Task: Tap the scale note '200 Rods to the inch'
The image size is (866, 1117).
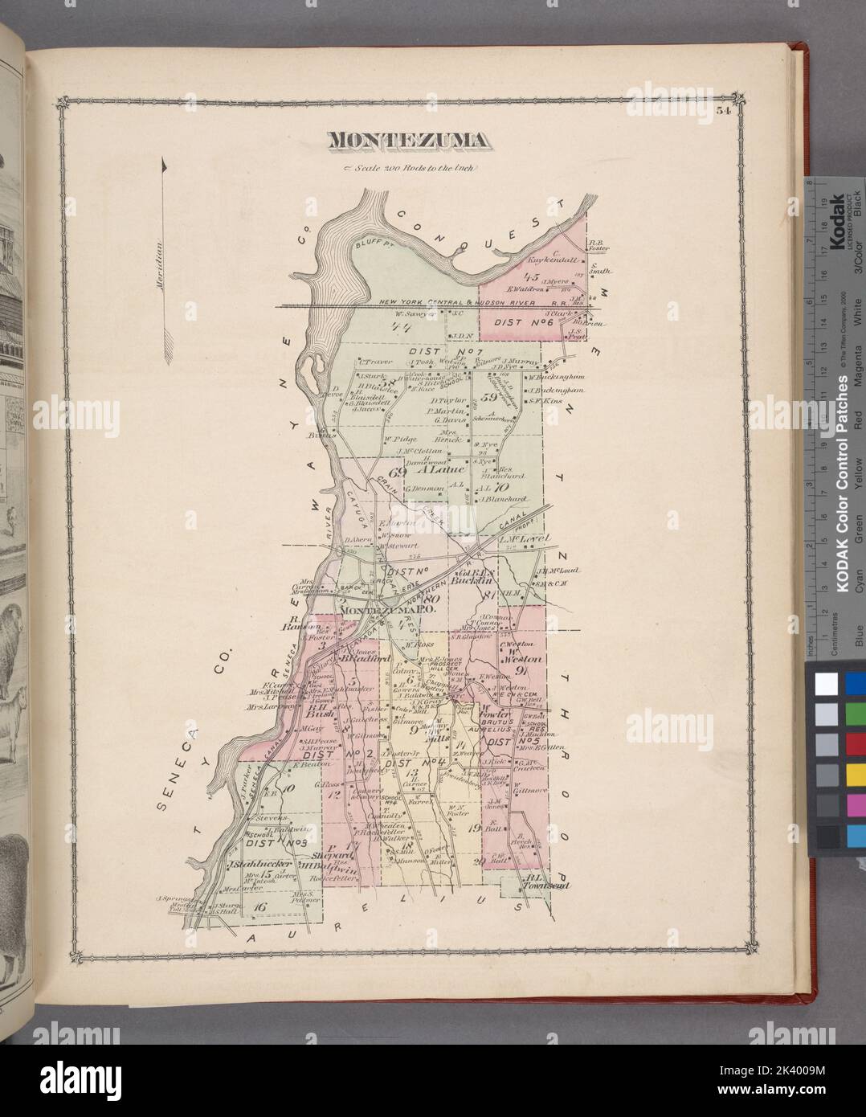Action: (x=411, y=168)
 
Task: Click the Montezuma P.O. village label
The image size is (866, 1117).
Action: (x=377, y=612)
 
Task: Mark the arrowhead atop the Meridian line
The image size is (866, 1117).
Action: (x=165, y=165)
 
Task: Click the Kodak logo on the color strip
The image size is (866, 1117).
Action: (x=835, y=217)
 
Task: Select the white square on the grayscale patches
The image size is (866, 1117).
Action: (x=824, y=684)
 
